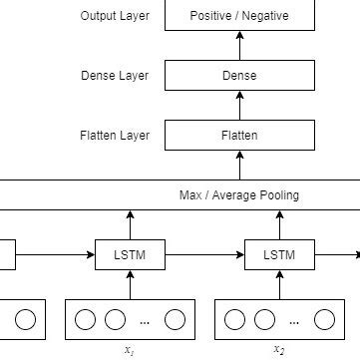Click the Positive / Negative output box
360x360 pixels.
[239, 17]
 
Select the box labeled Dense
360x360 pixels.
[239, 76]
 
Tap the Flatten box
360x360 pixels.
[239, 135]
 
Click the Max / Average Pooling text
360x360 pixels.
[238, 194]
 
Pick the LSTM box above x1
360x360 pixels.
[129, 255]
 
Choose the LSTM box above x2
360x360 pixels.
[278, 255]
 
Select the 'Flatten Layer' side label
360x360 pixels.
[114, 135]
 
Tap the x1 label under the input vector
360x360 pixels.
[129, 350]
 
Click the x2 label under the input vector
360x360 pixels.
[278, 350]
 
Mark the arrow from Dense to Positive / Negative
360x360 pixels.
[239, 46]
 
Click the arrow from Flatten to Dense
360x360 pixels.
[239, 105]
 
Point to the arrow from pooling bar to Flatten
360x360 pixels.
[239, 165]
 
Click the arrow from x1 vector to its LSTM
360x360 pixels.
[129, 285]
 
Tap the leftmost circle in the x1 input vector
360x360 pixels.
[86, 320]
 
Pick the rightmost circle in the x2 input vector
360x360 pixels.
[324, 320]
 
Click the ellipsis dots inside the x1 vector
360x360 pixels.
[146, 321]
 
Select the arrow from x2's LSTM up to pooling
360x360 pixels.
[278, 224]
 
